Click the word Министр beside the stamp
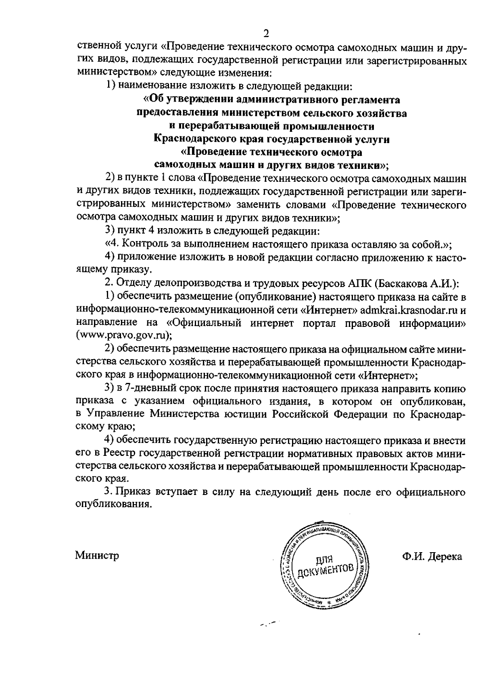pyautogui.click(x=97, y=556)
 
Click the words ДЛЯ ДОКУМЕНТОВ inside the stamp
pyautogui.click(x=325, y=565)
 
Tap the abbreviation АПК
pyautogui.click(x=358, y=283)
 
